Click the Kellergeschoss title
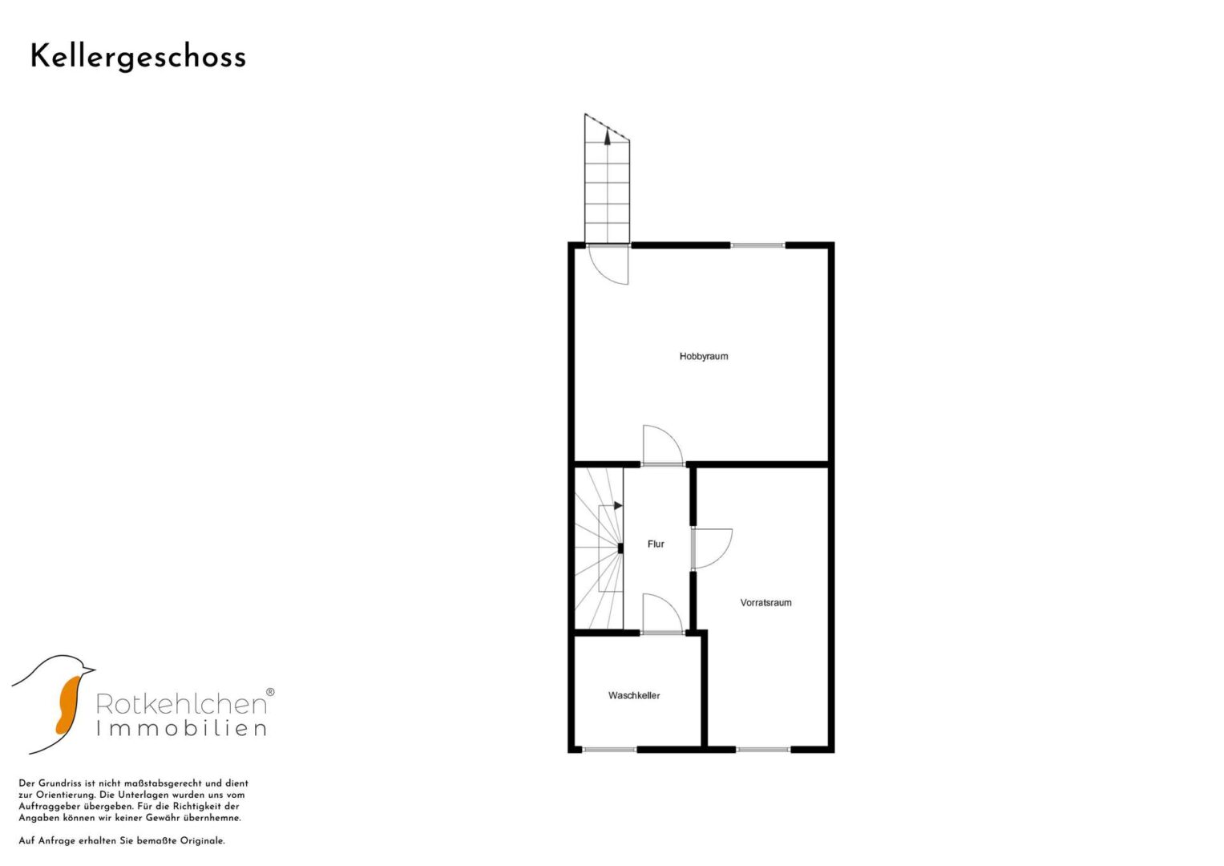tap(138, 58)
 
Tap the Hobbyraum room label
tap(703, 357)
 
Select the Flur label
tap(656, 544)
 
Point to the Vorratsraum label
tap(766, 602)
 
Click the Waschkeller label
tap(634, 695)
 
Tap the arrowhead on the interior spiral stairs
tap(618, 506)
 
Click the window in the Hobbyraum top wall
tap(758, 245)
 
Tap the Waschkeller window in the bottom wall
tap(609, 749)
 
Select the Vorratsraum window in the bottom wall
tap(763, 749)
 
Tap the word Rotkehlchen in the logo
tap(181, 704)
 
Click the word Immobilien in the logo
tap(181, 728)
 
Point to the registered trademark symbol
tap(270, 692)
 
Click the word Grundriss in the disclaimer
tap(59, 783)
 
